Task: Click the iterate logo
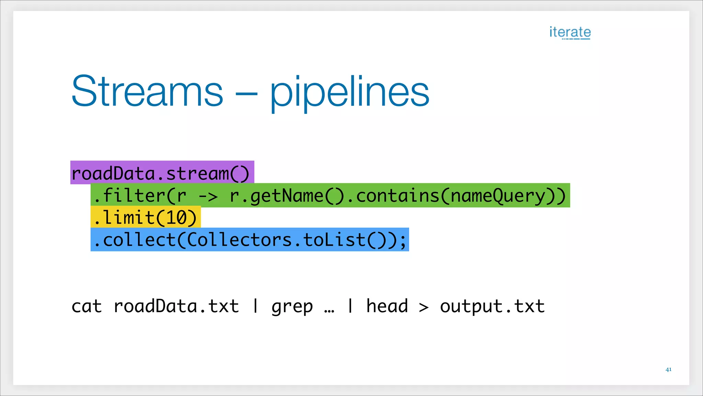click(570, 32)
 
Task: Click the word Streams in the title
click(147, 91)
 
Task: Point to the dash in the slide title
click(246, 93)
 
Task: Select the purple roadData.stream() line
click(162, 173)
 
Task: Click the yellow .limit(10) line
click(146, 217)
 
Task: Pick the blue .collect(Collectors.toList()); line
click(250, 240)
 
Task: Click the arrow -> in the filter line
click(208, 196)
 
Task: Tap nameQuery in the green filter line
click(497, 196)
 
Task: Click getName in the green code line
click(287, 196)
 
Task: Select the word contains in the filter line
click(398, 196)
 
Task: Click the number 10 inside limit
click(176, 218)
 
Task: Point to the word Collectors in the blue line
click(239, 240)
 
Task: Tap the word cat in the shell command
click(87, 306)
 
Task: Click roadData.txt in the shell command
click(176, 306)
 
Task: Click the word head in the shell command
click(387, 306)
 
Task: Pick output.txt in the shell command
click(492, 306)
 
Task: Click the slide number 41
click(668, 370)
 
